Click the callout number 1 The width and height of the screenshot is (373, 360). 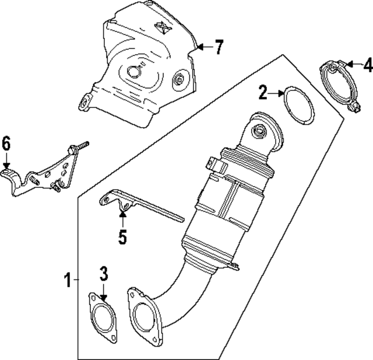pos(67,281)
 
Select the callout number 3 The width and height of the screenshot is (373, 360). pos(103,273)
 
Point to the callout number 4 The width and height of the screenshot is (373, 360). pos(367,65)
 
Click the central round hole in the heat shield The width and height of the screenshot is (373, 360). pos(133,71)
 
